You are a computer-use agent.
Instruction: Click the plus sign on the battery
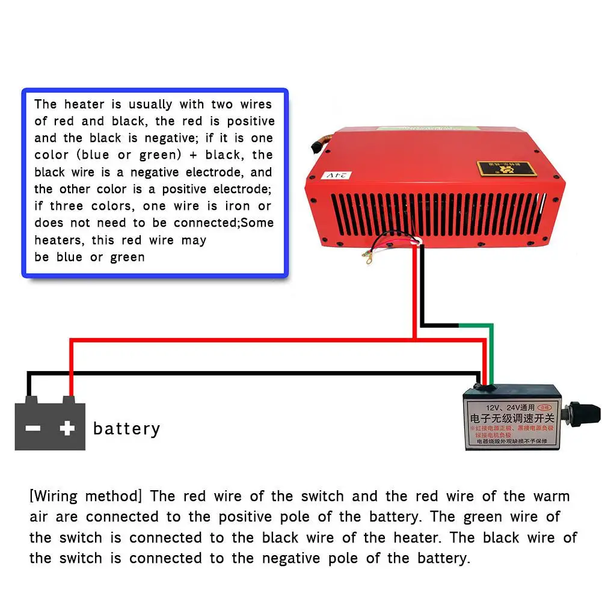click(x=67, y=428)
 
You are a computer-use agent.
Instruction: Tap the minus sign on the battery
click(x=32, y=428)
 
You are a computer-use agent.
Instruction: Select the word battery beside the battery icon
click(x=127, y=429)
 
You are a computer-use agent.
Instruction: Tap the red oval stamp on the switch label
click(x=547, y=407)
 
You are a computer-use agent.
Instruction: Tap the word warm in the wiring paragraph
click(x=551, y=496)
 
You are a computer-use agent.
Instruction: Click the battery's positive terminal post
click(x=69, y=399)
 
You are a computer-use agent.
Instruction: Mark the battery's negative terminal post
click(x=32, y=399)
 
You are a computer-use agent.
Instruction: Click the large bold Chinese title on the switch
click(x=511, y=417)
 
